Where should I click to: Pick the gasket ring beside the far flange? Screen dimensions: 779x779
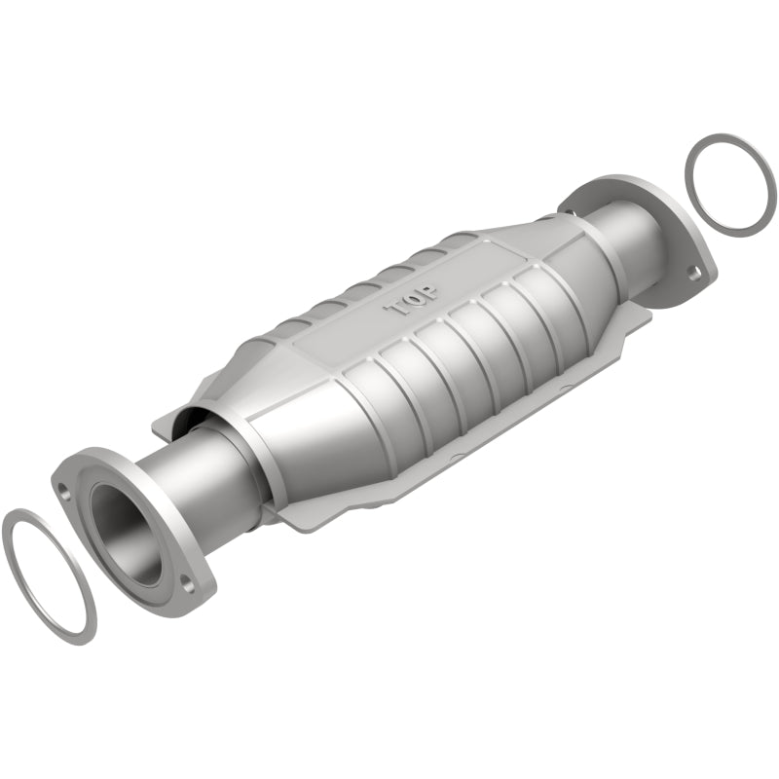coord(730,182)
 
